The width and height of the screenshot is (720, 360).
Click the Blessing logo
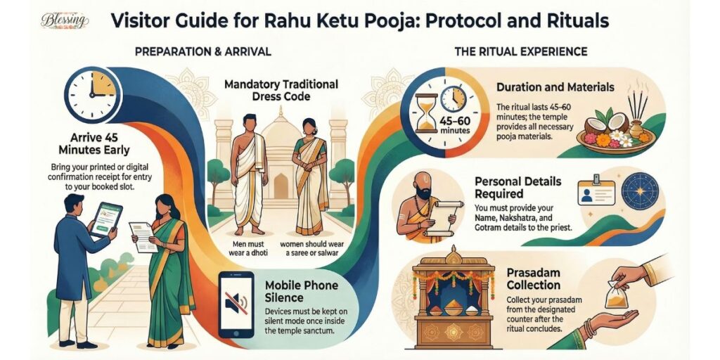click(x=65, y=20)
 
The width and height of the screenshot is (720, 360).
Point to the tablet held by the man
click(x=106, y=219)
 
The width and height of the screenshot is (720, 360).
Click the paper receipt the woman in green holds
click(x=144, y=237)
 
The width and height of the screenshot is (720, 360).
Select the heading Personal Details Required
click(x=518, y=187)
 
